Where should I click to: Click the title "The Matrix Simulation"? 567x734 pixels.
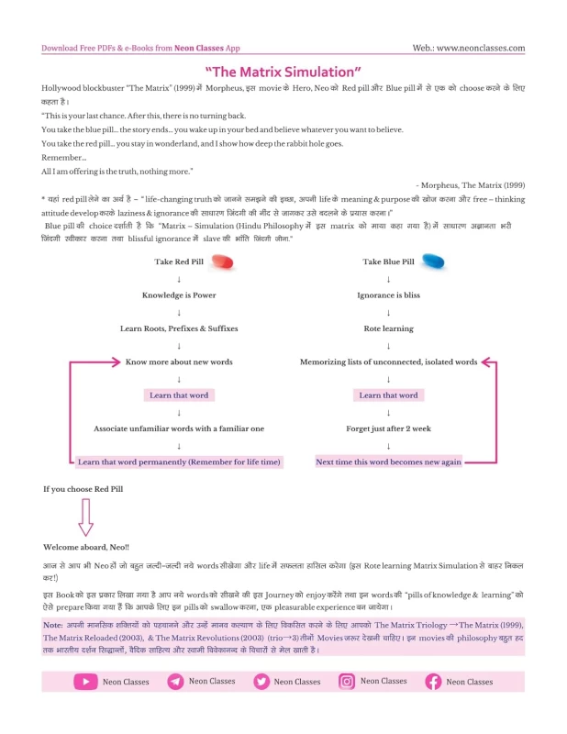[x=283, y=71]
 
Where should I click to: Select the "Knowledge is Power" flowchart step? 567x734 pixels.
[x=179, y=295]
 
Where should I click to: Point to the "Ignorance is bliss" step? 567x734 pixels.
[x=388, y=295]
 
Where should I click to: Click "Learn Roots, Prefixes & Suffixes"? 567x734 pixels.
[x=179, y=328]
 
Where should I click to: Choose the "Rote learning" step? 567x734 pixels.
[x=388, y=328]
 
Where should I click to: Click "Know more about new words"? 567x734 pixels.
[x=179, y=361]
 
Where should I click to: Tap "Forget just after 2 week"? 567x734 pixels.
[x=388, y=428]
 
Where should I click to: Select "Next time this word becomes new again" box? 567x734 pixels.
[x=388, y=462]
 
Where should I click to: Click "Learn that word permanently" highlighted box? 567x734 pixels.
[x=179, y=462]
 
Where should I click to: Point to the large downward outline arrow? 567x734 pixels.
[x=85, y=518]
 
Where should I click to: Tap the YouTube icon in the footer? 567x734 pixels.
[x=85, y=682]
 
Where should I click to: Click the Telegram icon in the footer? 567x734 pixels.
[x=174, y=682]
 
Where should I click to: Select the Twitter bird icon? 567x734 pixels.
[x=261, y=682]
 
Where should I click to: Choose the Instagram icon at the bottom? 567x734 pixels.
[x=347, y=682]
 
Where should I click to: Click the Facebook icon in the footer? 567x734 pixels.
[x=433, y=682]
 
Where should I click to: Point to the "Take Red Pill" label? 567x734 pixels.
[x=178, y=261]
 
